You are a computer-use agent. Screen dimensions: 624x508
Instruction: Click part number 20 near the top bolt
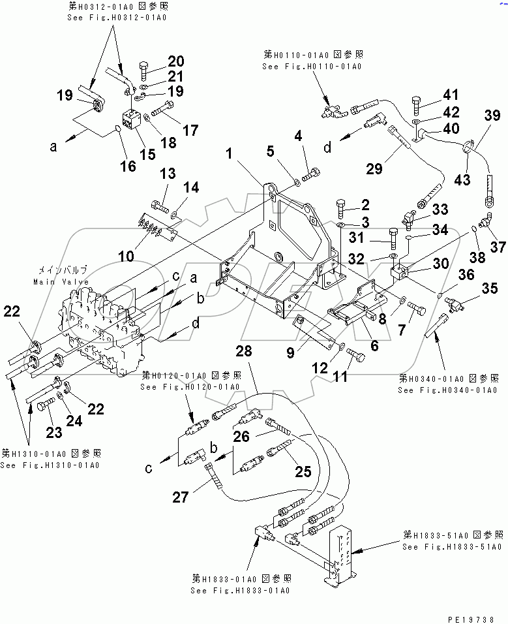point(175,61)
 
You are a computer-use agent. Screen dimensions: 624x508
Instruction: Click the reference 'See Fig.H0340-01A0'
point(448,390)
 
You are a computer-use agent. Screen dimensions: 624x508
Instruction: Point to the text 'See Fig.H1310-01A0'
point(50,465)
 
